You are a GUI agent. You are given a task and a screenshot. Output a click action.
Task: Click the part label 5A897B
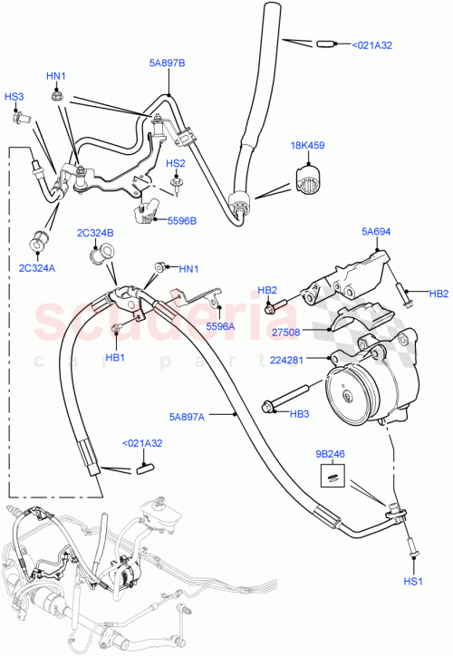167,64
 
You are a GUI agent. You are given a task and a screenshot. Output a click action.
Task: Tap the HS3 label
15,97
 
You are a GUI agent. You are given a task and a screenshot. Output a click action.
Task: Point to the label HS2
175,163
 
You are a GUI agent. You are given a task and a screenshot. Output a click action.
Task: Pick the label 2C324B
96,234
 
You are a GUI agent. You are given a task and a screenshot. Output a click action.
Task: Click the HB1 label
115,357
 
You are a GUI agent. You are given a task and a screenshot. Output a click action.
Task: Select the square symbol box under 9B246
331,474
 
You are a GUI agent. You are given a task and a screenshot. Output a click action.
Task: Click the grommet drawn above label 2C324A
39,241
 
